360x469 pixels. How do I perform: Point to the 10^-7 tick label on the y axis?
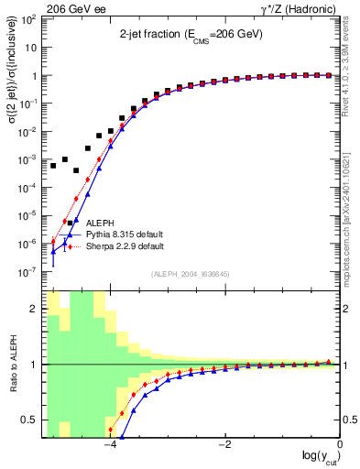[x=29, y=272]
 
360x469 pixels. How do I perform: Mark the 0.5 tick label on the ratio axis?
[x=29, y=420]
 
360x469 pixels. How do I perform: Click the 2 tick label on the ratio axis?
[x=35, y=309]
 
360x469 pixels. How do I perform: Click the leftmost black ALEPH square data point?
[x=54, y=166]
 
